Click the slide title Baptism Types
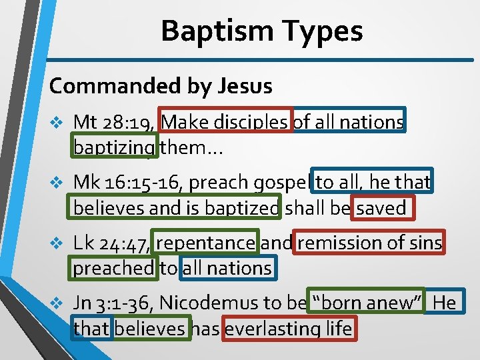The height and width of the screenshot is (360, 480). (x=261, y=31)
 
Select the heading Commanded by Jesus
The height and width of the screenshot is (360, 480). (x=161, y=86)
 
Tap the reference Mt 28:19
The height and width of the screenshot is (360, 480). (x=114, y=122)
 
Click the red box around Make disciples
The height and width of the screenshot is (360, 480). (x=225, y=122)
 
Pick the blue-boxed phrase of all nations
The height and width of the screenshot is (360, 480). (x=349, y=122)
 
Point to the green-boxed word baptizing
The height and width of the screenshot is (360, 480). (x=114, y=147)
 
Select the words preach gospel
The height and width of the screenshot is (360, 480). (x=255, y=182)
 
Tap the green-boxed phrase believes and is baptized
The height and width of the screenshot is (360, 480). (x=176, y=207)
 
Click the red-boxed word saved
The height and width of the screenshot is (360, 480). (x=381, y=207)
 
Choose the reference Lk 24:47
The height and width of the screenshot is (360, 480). (x=111, y=243)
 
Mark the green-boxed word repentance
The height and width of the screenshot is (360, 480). (x=205, y=243)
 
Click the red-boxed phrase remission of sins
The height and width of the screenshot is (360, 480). (x=369, y=243)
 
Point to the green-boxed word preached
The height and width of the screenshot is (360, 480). (x=113, y=267)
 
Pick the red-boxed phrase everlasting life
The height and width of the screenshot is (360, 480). (x=288, y=328)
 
